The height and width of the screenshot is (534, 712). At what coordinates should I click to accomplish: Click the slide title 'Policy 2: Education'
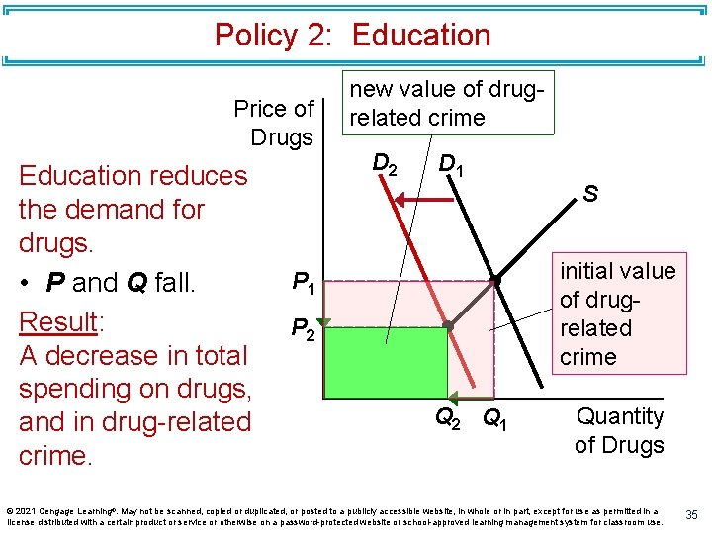tap(352, 36)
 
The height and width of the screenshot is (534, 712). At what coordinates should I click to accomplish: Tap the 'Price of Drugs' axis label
tap(274, 123)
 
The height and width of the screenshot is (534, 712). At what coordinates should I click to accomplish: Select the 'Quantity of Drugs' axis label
tap(619, 430)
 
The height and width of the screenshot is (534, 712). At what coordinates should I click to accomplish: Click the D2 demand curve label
tap(385, 163)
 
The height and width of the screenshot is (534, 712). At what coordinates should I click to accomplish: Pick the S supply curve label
tap(589, 195)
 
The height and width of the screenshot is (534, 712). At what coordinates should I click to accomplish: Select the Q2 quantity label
tap(448, 418)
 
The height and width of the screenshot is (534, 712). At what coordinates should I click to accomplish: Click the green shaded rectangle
tap(386, 362)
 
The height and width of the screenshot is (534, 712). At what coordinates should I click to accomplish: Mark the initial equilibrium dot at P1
tap(496, 282)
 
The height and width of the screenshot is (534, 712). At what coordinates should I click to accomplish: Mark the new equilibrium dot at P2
tap(447, 325)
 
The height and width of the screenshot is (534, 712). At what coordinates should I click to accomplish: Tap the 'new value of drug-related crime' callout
tap(445, 103)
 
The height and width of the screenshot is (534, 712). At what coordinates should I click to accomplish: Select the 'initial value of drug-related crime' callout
tap(617, 313)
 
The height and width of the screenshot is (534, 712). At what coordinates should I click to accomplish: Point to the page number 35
tap(692, 514)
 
